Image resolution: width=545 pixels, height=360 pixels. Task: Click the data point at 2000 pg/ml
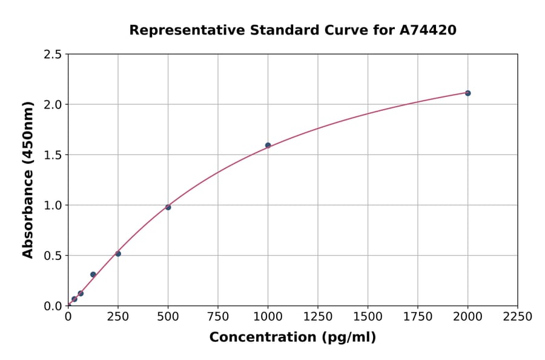click(x=467, y=93)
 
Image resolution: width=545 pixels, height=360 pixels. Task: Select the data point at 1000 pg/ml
click(x=268, y=145)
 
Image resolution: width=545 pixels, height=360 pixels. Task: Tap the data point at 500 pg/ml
click(x=168, y=207)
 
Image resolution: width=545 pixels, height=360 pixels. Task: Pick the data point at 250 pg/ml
click(x=118, y=253)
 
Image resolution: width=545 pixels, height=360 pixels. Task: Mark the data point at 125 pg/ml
click(x=93, y=275)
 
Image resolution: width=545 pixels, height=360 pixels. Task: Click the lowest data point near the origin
click(x=74, y=299)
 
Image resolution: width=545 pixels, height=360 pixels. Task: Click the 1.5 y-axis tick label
click(x=53, y=155)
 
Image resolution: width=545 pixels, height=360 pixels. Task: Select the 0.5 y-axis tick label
click(x=53, y=256)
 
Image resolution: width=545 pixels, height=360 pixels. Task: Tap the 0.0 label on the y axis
click(x=53, y=306)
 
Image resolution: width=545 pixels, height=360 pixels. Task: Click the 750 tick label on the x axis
click(x=218, y=317)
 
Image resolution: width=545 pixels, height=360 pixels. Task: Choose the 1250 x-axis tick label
click(x=318, y=317)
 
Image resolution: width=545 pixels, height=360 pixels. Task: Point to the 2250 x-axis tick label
click(x=518, y=317)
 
